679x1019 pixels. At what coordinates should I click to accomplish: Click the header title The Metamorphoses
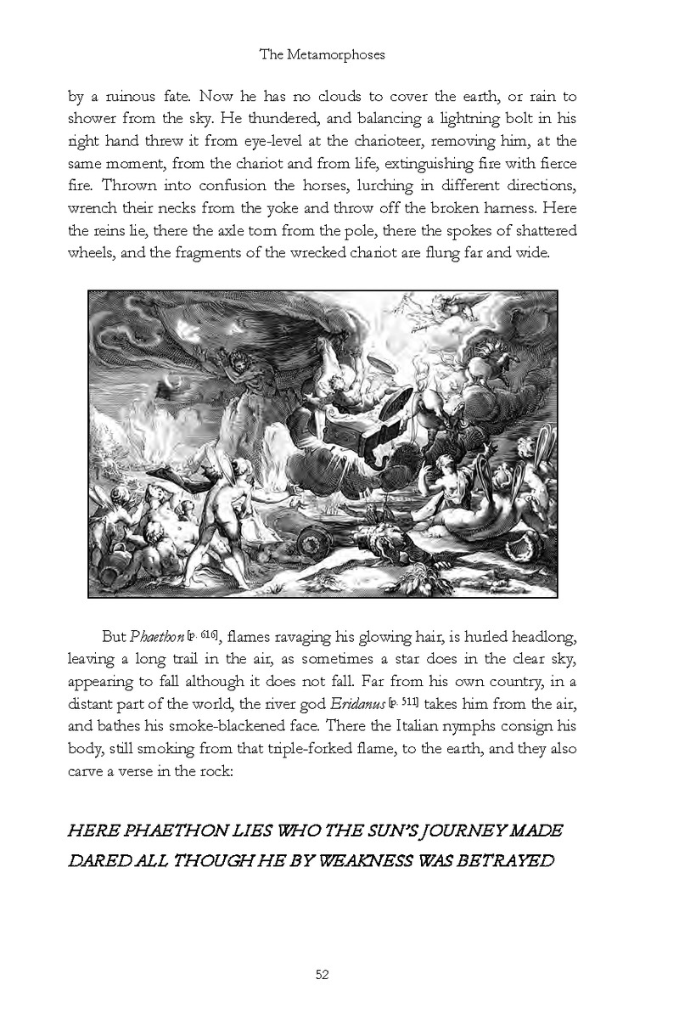pyautogui.click(x=339, y=55)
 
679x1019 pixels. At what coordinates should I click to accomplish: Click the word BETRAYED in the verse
pyautogui.click(x=505, y=860)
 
